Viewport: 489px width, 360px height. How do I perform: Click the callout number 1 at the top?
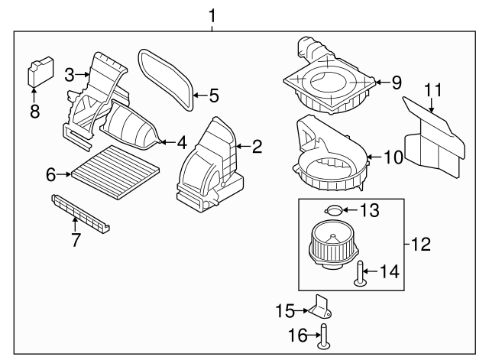tap(212, 15)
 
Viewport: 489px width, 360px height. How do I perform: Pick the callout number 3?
tap(70, 74)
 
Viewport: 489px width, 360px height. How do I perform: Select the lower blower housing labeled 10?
tap(332, 157)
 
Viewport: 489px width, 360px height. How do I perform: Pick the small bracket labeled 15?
tap(322, 308)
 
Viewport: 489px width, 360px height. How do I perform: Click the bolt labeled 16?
tap(324, 336)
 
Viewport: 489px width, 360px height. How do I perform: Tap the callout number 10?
tap(393, 157)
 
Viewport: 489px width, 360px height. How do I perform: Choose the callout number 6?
tap(51, 175)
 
